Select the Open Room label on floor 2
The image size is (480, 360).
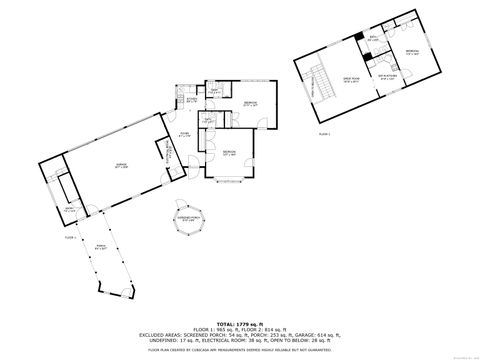pos(352,80)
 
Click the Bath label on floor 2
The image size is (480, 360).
pos(372,40)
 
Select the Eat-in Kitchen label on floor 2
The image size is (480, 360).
pos(388,78)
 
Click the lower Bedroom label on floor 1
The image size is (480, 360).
pos(229,154)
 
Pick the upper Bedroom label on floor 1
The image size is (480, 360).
pos(250,104)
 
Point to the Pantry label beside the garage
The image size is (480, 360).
pos(68,210)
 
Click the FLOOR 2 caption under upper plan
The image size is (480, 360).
pos(323,132)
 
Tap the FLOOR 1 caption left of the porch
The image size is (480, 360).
pos(70,238)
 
